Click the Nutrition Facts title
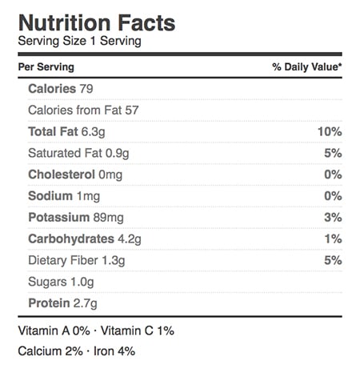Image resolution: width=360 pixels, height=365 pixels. click(97, 23)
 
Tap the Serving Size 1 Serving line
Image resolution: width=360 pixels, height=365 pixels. click(80, 42)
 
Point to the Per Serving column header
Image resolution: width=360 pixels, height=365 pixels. click(46, 67)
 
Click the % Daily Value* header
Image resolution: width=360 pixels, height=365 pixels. click(307, 67)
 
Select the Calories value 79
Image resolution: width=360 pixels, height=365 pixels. click(86, 89)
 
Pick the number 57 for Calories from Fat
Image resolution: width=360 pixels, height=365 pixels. click(132, 110)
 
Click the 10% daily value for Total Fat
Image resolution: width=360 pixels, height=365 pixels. click(330, 132)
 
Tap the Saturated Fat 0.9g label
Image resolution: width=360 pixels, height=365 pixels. click(78, 154)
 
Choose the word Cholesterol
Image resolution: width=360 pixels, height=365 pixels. click(62, 174)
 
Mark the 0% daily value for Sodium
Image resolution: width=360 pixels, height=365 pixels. click(333, 196)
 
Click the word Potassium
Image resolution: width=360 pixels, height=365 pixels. click(59, 218)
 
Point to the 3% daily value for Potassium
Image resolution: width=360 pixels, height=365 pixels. click(333, 218)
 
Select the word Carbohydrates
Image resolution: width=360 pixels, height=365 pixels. click(71, 239)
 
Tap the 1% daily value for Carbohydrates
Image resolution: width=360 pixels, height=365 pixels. click(333, 239)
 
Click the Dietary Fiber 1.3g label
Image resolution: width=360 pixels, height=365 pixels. click(77, 261)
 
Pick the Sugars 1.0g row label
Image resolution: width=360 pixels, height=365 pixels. click(61, 283)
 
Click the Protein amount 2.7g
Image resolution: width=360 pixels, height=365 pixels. click(85, 304)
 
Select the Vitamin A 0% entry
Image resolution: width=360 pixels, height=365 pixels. click(54, 331)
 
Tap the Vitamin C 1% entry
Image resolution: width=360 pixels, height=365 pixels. click(138, 331)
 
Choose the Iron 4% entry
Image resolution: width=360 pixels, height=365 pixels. click(114, 351)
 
